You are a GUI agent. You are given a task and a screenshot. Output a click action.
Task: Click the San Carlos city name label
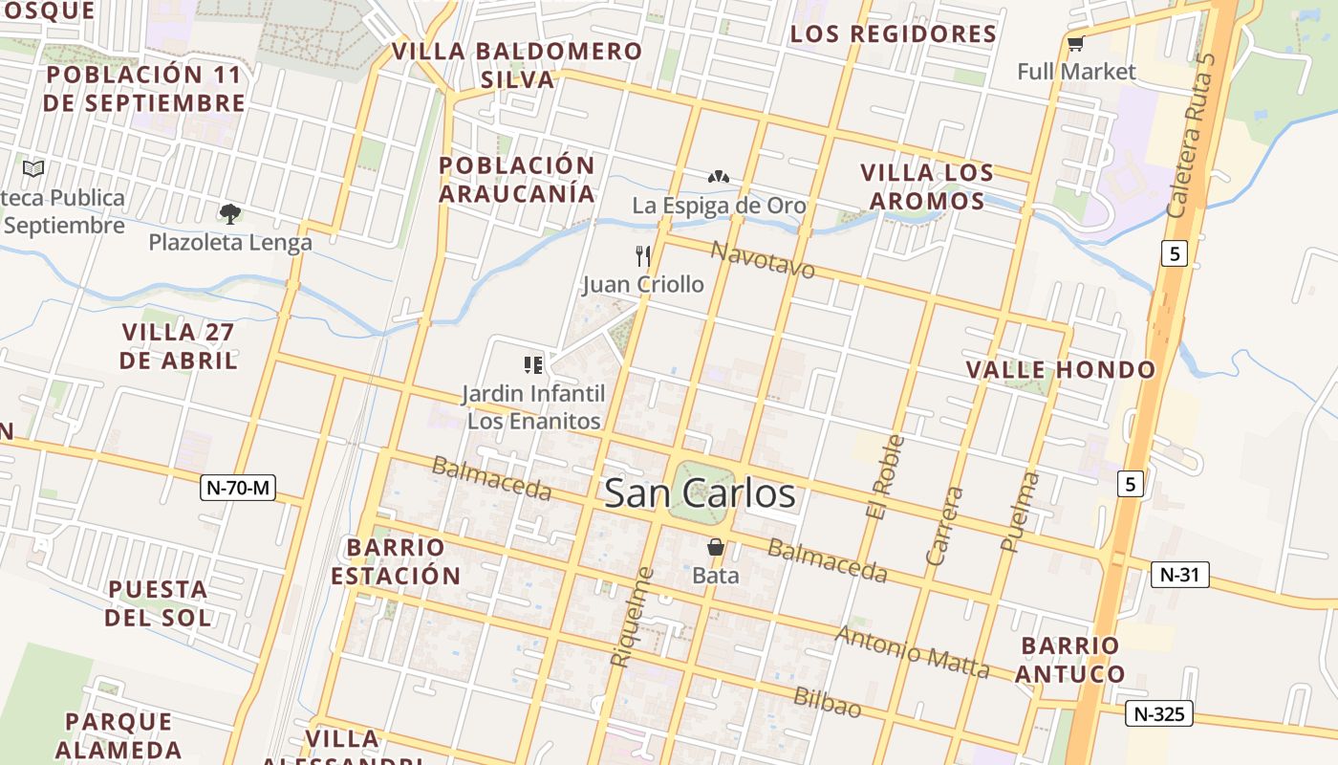coord(700,493)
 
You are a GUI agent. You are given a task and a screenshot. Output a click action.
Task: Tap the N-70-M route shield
coord(239,488)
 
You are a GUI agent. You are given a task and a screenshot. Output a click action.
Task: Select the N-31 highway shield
coord(1179,575)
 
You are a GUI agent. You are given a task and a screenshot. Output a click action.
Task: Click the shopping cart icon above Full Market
coord(1075,43)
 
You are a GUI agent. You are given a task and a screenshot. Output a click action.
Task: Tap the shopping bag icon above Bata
coord(715,548)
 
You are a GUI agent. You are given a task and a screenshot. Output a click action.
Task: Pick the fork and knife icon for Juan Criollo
coord(642,256)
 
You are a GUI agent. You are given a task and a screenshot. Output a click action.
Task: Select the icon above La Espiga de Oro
coord(719,177)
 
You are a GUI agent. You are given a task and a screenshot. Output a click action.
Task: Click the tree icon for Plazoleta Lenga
coord(229,213)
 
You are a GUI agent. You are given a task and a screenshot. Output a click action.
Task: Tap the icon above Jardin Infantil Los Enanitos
coord(533,364)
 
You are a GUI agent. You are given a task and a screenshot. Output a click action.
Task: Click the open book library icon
coord(33,169)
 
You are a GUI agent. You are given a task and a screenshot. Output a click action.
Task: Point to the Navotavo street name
coord(763,259)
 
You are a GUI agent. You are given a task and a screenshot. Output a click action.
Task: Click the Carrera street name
coord(945,525)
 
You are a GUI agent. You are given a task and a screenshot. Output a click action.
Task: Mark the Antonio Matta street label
coord(912,651)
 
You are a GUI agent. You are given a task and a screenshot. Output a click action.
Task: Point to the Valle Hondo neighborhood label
coord(1060,370)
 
